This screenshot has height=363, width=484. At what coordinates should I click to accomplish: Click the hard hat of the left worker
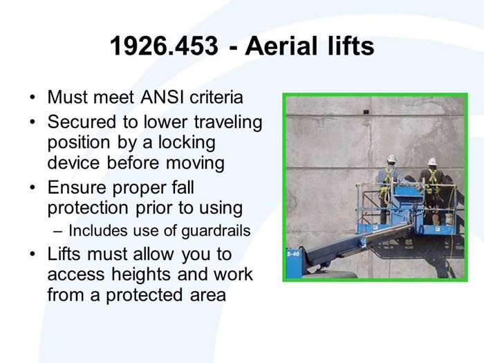391,158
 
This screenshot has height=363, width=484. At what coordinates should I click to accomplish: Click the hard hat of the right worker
431,161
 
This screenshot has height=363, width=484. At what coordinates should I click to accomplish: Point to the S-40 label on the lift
292,254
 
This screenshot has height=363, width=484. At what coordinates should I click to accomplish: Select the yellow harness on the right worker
433,181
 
